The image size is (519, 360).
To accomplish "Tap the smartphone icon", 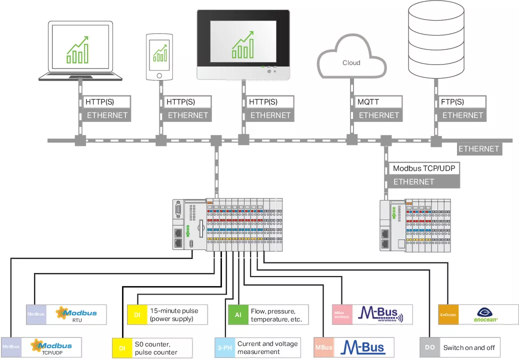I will [x=159, y=56].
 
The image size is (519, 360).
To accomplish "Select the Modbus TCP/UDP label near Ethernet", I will [x=423, y=168].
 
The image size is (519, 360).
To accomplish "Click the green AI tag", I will [x=238, y=315].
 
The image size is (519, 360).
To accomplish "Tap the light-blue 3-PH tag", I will [x=224, y=347].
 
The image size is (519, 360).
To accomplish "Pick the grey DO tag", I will [x=429, y=347].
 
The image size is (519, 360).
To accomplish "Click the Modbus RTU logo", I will [x=76, y=314].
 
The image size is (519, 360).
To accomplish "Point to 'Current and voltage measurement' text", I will [x=267, y=347].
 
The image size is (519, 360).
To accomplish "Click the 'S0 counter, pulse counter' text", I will [x=155, y=348].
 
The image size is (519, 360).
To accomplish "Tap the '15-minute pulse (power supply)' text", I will [x=173, y=314].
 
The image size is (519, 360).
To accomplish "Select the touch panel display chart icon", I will [x=243, y=44].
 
